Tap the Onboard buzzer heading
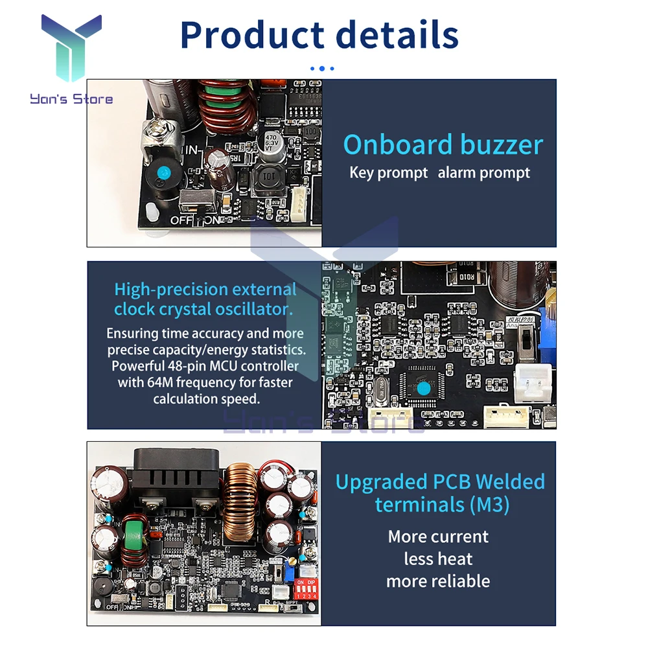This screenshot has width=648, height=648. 443,145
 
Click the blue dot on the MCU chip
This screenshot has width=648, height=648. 424,389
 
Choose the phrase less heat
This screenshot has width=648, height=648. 438,559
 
